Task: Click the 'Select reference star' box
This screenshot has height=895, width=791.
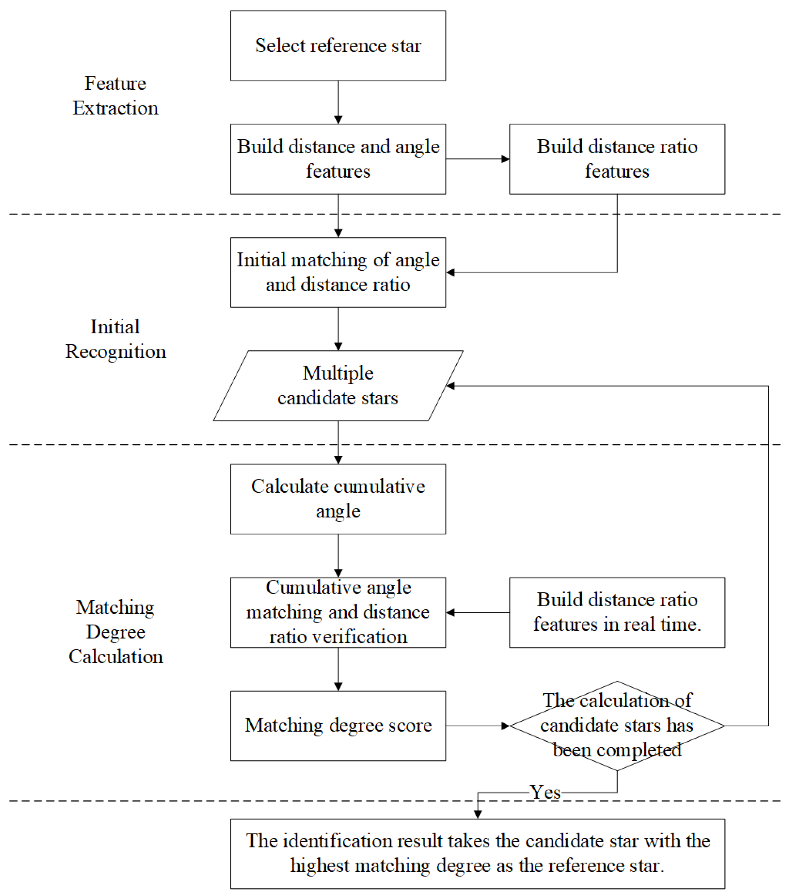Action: pos(338,45)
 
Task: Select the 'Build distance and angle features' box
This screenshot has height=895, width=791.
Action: pos(338,158)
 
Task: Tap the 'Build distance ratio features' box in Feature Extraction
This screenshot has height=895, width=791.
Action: pos(617,158)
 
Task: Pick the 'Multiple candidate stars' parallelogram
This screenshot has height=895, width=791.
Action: pos(338,385)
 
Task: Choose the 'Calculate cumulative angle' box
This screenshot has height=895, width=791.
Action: pos(338,499)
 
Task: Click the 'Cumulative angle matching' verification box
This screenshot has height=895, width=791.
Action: pos(338,612)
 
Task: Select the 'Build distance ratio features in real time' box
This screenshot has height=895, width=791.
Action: pos(617,612)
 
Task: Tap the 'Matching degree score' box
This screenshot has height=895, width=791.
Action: pos(338,725)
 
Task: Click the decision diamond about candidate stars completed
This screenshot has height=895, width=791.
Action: pos(617,725)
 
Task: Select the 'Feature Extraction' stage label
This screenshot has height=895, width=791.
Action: pos(115,96)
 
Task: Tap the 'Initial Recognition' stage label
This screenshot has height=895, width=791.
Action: pos(115,339)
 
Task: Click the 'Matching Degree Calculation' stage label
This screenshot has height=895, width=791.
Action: pos(115,632)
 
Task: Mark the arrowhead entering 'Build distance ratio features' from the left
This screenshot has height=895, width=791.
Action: pos(505,159)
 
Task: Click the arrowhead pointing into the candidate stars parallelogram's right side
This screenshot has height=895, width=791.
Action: pos(451,386)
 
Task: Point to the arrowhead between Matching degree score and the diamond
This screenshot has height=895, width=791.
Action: pos(505,726)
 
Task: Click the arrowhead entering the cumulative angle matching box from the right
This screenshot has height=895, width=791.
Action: pos(451,612)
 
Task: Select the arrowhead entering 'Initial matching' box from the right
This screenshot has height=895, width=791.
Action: pos(451,273)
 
